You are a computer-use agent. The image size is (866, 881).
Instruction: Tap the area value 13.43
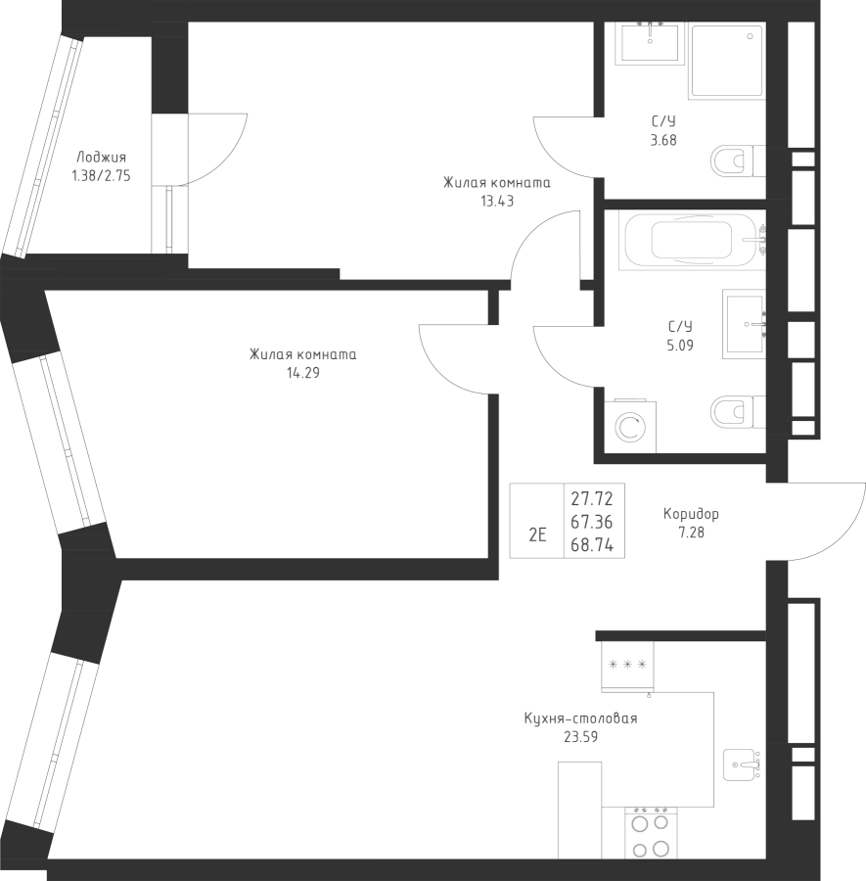tap(497, 202)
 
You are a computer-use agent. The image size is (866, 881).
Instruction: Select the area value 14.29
tap(302, 373)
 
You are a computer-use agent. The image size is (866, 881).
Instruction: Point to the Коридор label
tap(691, 514)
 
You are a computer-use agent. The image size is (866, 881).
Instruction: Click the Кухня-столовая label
tap(580, 718)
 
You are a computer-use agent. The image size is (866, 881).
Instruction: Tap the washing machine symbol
tap(629, 427)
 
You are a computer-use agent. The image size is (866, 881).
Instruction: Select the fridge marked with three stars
tap(627, 666)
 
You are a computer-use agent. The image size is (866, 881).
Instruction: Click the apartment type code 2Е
tap(536, 534)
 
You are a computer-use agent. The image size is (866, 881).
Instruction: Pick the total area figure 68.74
tap(592, 546)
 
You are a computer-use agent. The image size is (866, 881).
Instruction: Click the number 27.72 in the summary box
tap(592, 500)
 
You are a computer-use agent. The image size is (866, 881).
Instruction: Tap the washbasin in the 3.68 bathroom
tap(650, 43)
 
